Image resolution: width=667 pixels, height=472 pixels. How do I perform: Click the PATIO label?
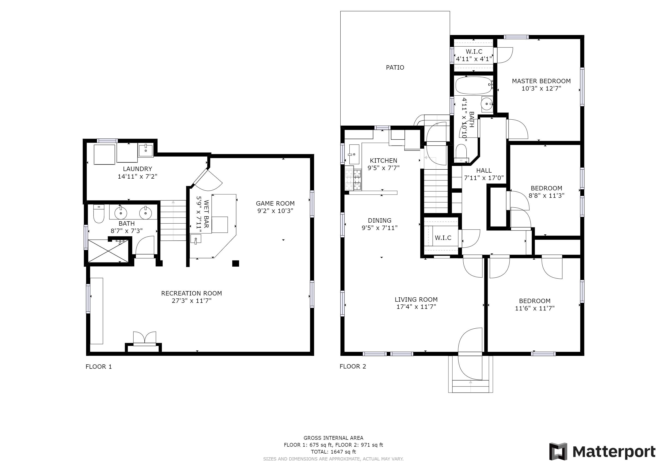(395, 68)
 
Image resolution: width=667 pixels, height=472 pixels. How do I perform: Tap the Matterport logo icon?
(558, 451)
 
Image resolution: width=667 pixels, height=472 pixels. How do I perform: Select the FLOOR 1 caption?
(99, 367)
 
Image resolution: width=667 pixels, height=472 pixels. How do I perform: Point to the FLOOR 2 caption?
(353, 366)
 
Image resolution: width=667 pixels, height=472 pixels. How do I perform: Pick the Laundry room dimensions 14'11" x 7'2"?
(137, 176)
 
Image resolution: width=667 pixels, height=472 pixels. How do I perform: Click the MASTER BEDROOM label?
(541, 81)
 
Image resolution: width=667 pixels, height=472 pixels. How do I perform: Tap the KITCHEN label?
(383, 161)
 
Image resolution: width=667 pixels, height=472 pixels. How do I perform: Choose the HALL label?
(484, 171)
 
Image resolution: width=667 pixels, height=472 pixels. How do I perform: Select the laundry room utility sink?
(146, 150)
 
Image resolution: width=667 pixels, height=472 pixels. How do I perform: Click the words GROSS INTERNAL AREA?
(333, 438)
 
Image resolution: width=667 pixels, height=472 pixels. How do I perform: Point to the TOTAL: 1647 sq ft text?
(333, 452)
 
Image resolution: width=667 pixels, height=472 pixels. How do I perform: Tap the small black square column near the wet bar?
(236, 264)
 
